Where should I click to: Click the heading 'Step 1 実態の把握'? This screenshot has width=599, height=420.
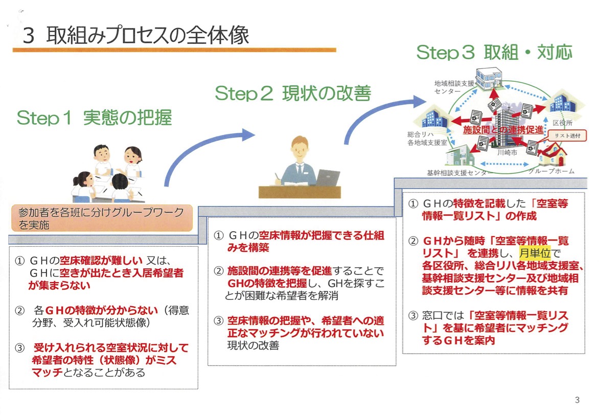click(94, 118)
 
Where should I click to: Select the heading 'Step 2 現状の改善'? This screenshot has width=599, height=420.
click(292, 94)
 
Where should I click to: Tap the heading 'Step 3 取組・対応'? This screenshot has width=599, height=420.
click(494, 52)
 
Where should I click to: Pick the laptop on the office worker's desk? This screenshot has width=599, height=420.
click(328, 178)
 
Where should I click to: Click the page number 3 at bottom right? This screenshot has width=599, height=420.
click(577, 400)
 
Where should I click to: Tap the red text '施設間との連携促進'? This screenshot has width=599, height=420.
click(503, 131)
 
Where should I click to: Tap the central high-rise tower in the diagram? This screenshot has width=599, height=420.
click(506, 123)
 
